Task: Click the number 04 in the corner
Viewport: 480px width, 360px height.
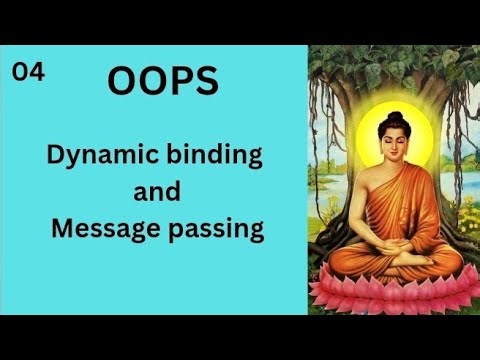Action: pos(29,71)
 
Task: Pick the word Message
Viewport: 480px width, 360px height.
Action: pos(106,229)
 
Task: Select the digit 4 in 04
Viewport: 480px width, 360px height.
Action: pos(37,71)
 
